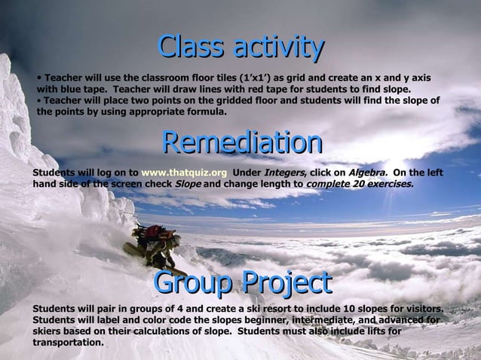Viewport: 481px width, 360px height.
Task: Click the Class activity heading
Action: click(240, 47)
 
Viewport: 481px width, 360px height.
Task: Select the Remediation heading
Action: click(242, 142)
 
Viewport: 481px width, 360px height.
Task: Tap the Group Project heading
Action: click(242, 282)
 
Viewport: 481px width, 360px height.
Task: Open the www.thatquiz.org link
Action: click(184, 172)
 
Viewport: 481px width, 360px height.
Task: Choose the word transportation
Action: click(68, 342)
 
